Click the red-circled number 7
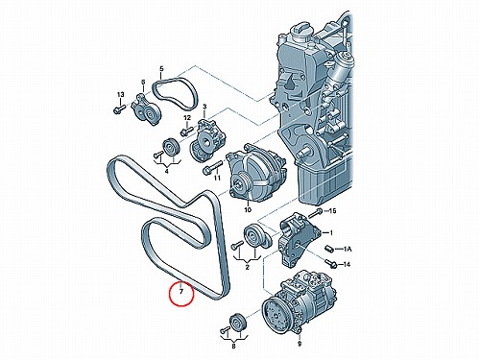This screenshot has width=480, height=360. click(181, 292)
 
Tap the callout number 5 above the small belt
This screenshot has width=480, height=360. click(161, 69)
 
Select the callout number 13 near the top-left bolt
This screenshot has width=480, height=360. click(120, 95)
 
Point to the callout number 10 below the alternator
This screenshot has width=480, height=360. click(248, 210)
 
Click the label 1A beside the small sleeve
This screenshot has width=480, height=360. click(348, 249)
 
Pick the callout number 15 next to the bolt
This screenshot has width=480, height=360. click(333, 211)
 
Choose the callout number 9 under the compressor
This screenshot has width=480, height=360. click(300, 345)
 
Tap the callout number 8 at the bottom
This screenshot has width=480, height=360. click(233, 347)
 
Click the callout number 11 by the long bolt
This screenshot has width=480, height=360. click(217, 178)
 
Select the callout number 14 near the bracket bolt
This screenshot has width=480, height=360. click(347, 264)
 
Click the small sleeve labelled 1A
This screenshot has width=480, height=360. click(329, 249)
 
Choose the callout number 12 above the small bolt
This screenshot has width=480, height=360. click(187, 118)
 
